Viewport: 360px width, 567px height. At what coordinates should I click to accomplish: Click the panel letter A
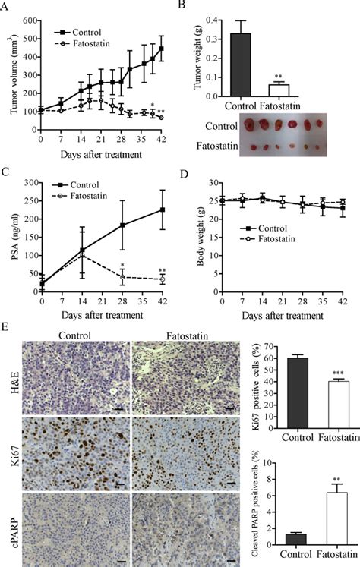coord(5,5)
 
